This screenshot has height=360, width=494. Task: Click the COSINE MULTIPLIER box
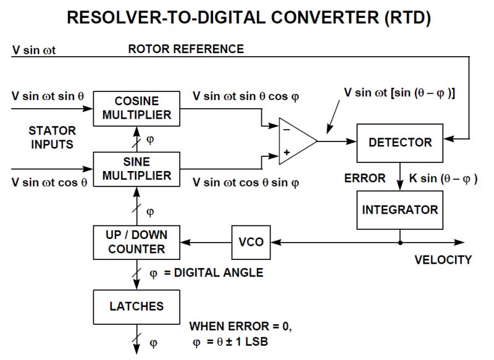(x=136, y=107)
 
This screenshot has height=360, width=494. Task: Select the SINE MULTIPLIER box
(x=136, y=169)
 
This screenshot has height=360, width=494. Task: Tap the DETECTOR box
(x=400, y=142)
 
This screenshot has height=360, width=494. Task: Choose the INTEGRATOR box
(x=400, y=209)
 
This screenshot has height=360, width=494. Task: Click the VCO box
(x=251, y=241)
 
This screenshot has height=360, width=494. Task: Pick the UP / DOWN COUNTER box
(x=136, y=242)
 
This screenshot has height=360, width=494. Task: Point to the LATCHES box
(x=136, y=306)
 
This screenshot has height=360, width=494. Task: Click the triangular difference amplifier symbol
(x=295, y=141)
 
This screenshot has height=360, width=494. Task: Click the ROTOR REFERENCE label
(x=186, y=49)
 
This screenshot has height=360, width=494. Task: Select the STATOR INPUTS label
(x=52, y=138)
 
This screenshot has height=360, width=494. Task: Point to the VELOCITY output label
(x=443, y=259)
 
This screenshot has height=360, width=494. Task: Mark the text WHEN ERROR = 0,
(x=240, y=326)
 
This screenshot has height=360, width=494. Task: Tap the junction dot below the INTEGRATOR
(x=400, y=241)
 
